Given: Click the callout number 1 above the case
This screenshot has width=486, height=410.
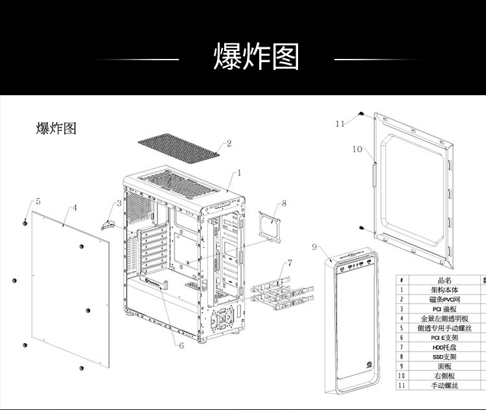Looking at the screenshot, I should click(x=238, y=173).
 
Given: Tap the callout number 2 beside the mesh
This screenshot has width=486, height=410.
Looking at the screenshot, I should click(x=228, y=143).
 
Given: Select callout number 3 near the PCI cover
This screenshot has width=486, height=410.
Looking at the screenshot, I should click(x=119, y=203).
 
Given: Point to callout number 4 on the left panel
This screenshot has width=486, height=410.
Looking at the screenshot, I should click(x=75, y=208).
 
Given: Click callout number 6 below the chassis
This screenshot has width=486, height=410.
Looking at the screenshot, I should click(x=181, y=346).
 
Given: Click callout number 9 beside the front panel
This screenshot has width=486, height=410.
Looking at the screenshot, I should click(x=314, y=247).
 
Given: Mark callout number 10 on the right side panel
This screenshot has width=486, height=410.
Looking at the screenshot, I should click(x=358, y=149).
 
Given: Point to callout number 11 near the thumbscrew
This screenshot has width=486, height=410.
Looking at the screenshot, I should click(x=341, y=123).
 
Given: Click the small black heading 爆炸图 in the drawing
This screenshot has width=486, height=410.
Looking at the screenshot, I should click(x=56, y=128).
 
